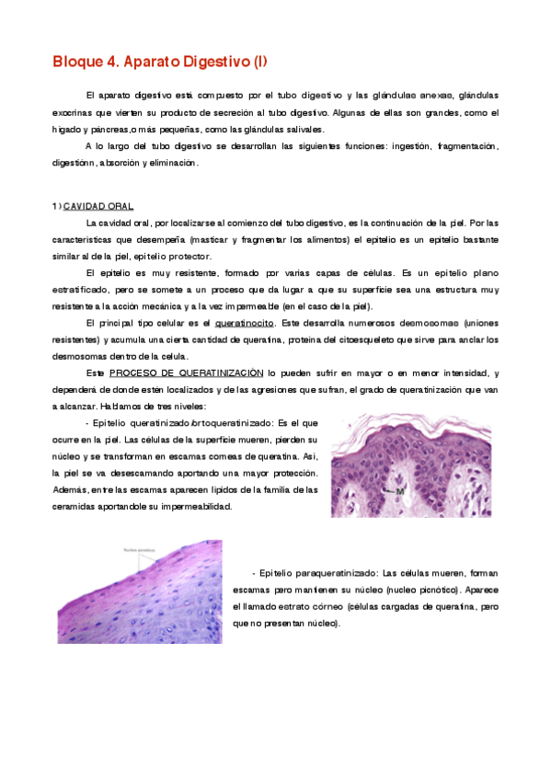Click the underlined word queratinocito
(x=244, y=323)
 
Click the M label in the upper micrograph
(x=400, y=491)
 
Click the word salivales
(x=304, y=129)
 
